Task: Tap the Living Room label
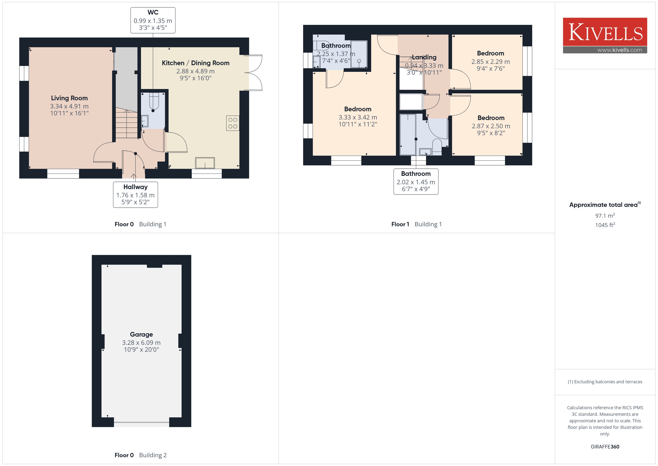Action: click(x=69, y=98)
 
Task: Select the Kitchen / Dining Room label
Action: click(x=195, y=63)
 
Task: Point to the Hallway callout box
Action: click(x=135, y=195)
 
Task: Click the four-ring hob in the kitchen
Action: click(x=233, y=123)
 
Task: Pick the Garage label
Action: click(x=141, y=334)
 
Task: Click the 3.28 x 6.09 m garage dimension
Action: click(x=141, y=343)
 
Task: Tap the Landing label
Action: click(x=424, y=57)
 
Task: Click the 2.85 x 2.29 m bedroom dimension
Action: click(x=491, y=62)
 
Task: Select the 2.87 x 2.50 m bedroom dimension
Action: click(x=491, y=126)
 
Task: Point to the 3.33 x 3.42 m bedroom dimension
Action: click(x=358, y=117)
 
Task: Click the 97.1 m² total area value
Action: click(x=605, y=215)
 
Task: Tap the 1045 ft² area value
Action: click(x=605, y=225)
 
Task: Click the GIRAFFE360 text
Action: click(x=605, y=447)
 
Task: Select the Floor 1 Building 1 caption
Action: click(x=416, y=224)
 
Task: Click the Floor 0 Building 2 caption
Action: click(x=140, y=455)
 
